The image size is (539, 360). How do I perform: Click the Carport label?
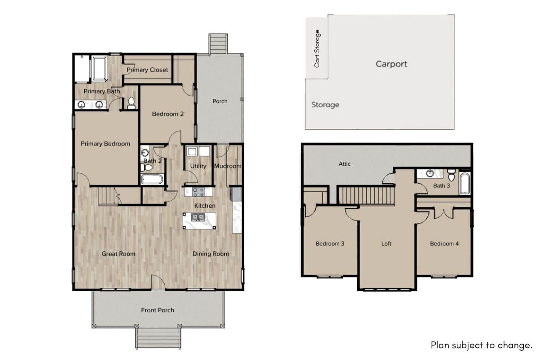click(x=391, y=64)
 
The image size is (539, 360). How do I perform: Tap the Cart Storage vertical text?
click(x=317, y=49)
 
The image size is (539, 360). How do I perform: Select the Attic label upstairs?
click(x=344, y=164)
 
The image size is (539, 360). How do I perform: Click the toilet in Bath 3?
click(x=451, y=175)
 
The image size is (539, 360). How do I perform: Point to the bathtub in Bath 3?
click(x=465, y=183)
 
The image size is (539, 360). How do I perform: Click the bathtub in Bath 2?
click(x=152, y=180)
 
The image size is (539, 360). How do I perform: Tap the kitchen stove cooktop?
click(x=198, y=192)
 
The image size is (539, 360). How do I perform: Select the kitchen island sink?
click(x=198, y=217)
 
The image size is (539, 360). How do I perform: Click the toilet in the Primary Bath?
click(x=131, y=103)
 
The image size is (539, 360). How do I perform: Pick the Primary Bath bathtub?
click(x=99, y=69)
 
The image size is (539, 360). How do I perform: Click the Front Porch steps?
click(x=158, y=338)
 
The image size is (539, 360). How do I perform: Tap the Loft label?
click(x=386, y=244)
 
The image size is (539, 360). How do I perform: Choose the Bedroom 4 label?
click(x=444, y=244)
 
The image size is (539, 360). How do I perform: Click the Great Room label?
click(x=118, y=254)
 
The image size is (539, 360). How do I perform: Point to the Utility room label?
click(x=198, y=166)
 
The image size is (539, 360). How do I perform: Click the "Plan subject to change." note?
click(x=481, y=345)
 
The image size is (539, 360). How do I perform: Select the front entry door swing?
click(x=158, y=282)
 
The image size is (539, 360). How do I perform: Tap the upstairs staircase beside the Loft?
click(x=366, y=196)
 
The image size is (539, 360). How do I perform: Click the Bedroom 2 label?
click(x=168, y=114)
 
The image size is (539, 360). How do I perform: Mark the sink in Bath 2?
click(x=145, y=152)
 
